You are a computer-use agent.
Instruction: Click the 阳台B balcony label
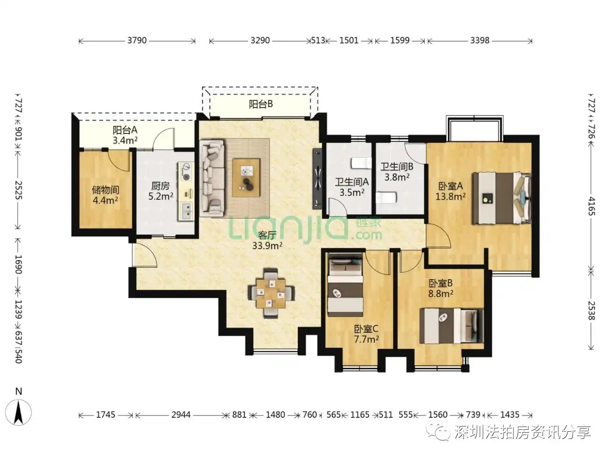[x=261, y=104]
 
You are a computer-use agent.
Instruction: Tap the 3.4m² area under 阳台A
[x=125, y=140]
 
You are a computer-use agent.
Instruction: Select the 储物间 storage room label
[x=105, y=190]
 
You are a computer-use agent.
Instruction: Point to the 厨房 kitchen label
[x=160, y=186]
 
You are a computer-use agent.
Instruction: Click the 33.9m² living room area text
[x=267, y=246]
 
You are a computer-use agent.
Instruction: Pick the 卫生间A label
[x=352, y=182]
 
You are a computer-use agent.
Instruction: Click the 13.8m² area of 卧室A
[x=451, y=197]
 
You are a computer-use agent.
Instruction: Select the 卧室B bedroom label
[x=441, y=283]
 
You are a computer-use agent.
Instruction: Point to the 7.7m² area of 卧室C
[x=366, y=339]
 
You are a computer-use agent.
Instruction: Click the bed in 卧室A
[x=501, y=198]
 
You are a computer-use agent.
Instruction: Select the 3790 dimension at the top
[x=137, y=41]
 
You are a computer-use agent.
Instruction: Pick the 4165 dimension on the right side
[x=592, y=206]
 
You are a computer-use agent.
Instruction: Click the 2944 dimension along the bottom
[x=181, y=415]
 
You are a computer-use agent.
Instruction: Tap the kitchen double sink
[x=186, y=211]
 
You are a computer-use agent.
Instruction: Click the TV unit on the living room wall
[x=317, y=178]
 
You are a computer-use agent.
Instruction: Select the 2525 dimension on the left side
[x=18, y=190]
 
